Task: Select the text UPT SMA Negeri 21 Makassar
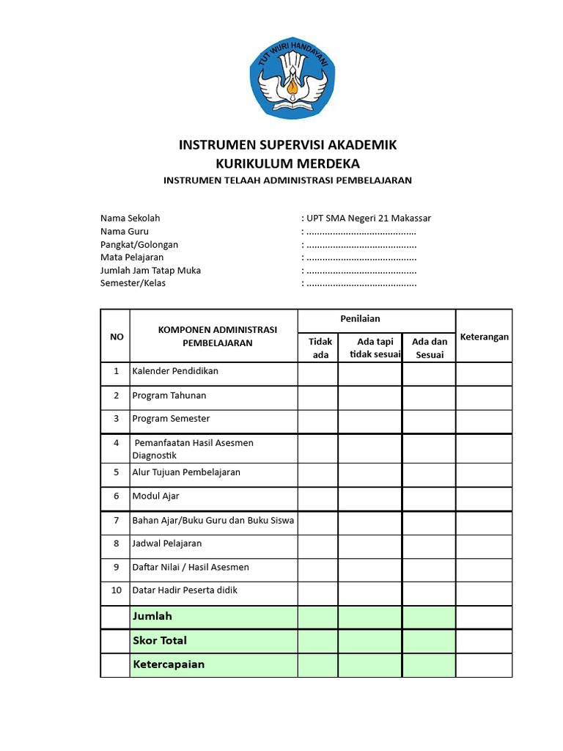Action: click(369, 218)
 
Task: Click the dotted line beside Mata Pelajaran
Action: click(361, 257)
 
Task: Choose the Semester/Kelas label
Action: click(133, 283)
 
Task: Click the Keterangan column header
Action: click(484, 337)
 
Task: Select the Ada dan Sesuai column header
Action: click(429, 348)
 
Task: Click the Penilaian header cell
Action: click(360, 319)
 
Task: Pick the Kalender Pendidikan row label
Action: click(175, 371)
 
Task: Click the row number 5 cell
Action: click(115, 472)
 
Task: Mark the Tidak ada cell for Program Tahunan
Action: click(317, 397)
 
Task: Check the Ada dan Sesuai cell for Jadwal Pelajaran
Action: click(429, 546)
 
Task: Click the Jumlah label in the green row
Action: click(152, 616)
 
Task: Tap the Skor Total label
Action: click(160, 640)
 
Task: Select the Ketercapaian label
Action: click(169, 664)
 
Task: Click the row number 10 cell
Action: click(115, 590)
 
